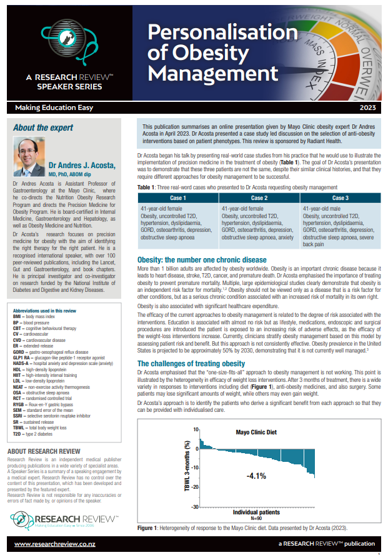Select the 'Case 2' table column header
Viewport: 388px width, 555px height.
click(x=259, y=197)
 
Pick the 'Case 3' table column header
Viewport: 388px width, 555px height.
click(x=341, y=197)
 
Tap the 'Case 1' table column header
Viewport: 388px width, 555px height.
click(x=178, y=197)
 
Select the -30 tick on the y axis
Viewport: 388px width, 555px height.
click(x=195, y=507)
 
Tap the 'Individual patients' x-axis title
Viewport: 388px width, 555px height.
click(x=256, y=512)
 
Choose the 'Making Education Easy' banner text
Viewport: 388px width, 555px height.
click(x=47, y=109)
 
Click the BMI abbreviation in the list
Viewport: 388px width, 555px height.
click(x=18, y=316)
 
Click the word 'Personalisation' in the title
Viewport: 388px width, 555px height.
click(x=223, y=32)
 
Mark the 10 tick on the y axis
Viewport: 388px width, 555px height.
click(x=196, y=447)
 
